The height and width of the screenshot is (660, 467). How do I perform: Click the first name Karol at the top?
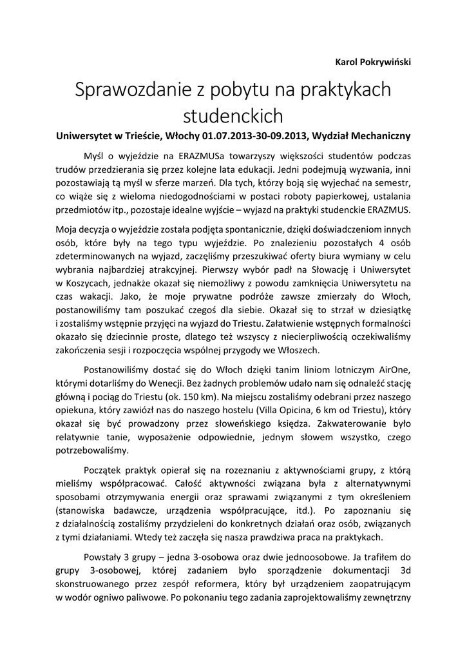[348, 62]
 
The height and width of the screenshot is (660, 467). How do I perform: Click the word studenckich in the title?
[233, 117]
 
